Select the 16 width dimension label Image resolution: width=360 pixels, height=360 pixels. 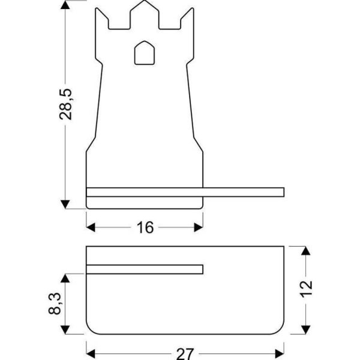(145, 227)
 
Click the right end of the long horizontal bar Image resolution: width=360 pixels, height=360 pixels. (282, 192)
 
